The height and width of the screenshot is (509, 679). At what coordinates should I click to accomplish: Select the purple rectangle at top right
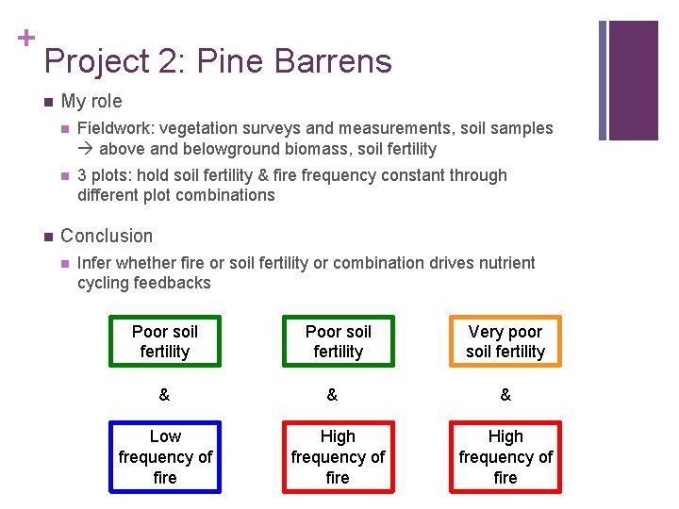[x=633, y=80]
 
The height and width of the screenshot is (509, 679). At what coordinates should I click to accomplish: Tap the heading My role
[x=91, y=101]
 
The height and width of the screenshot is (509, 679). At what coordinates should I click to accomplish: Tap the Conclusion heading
[x=106, y=236]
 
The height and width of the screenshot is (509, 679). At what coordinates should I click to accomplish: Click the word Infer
[x=95, y=263]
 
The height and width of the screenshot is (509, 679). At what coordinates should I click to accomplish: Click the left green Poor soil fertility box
[x=165, y=341]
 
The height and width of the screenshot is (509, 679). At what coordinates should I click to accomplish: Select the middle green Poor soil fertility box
[x=338, y=341]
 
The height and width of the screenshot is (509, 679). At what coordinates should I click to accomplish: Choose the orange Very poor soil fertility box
[x=505, y=341]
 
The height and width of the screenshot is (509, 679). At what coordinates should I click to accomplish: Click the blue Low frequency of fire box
[x=165, y=457]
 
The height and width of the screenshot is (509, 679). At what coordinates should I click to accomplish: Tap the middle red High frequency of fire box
[x=338, y=457]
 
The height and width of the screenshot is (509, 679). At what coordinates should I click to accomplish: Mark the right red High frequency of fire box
[x=505, y=457]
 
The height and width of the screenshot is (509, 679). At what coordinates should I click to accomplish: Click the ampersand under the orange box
[x=505, y=395]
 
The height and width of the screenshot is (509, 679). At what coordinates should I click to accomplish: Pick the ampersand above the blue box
[x=164, y=395]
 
